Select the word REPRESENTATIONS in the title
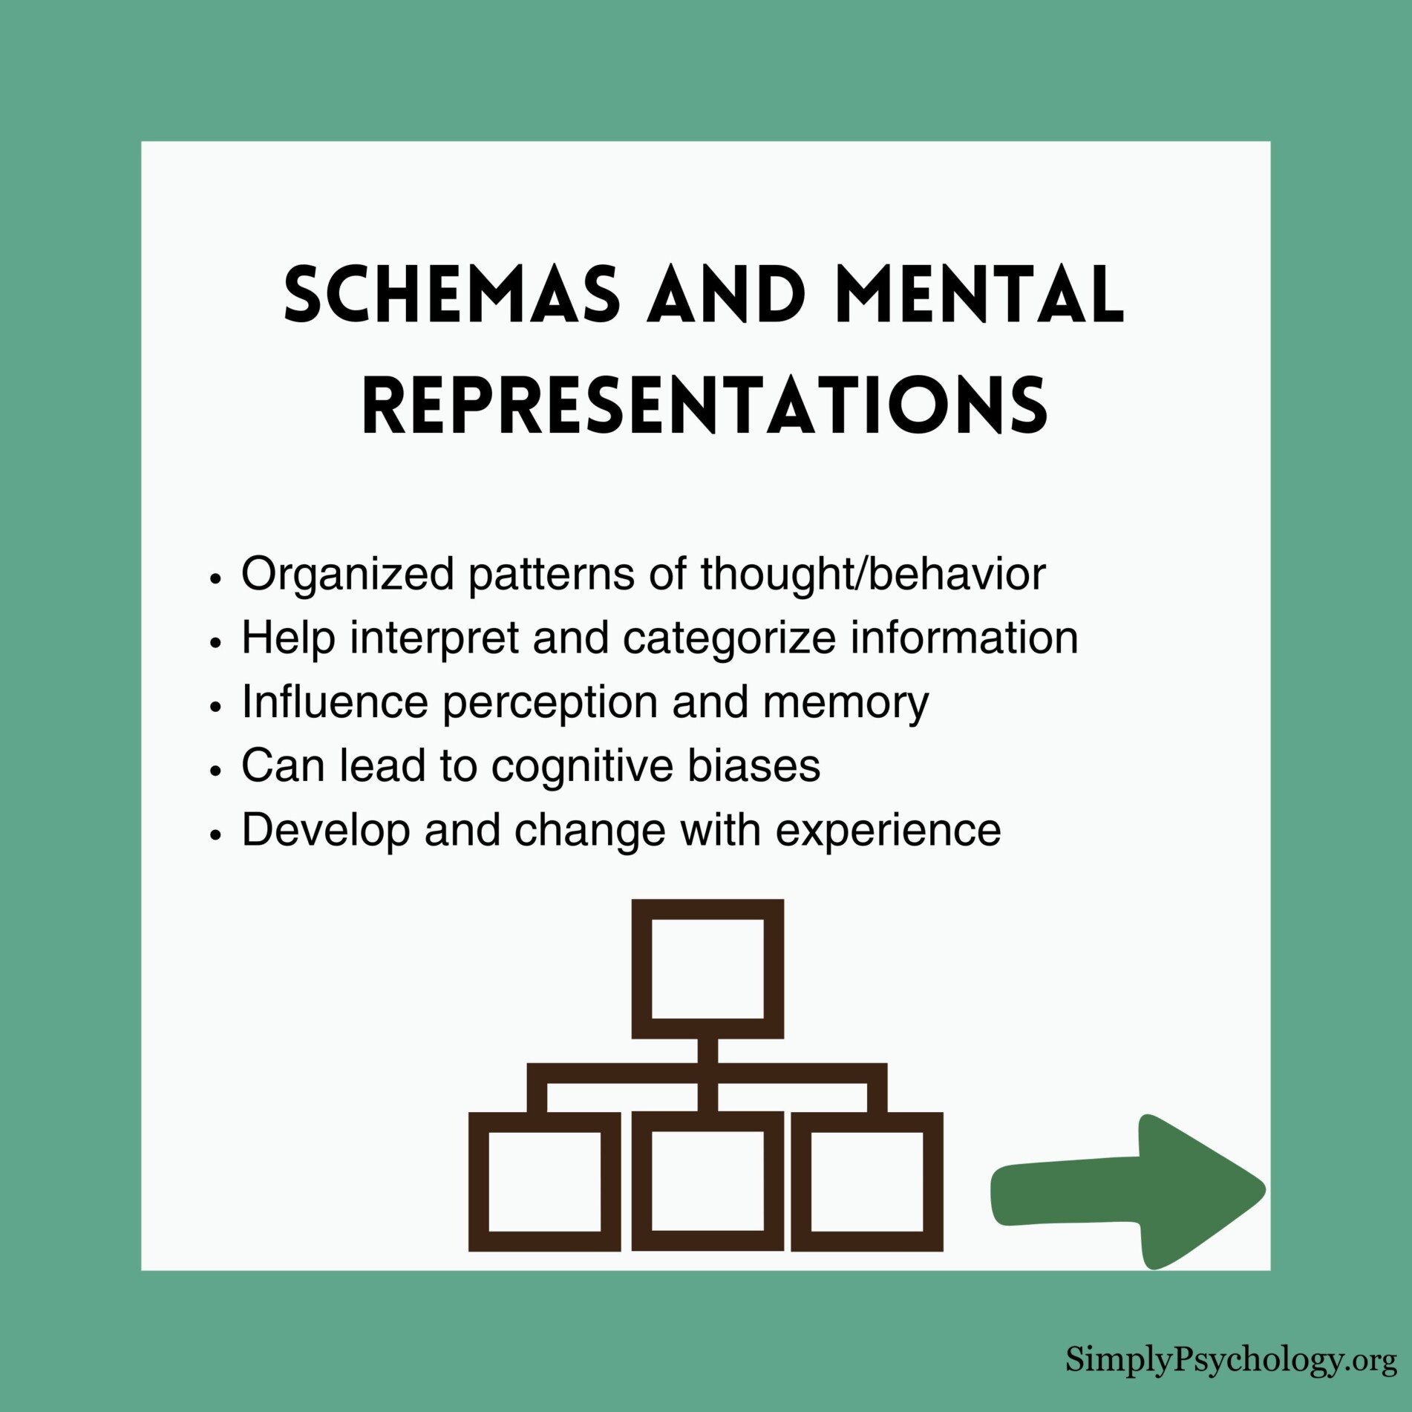pyautogui.click(x=705, y=405)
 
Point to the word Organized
pyautogui.click(x=347, y=574)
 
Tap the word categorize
pyautogui.click(x=728, y=638)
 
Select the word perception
pyautogui.click(x=549, y=702)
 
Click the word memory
pyautogui.click(x=845, y=702)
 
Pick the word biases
pyautogui.click(x=754, y=765)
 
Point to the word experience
pyautogui.click(x=888, y=830)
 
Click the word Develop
pyautogui.click(x=325, y=830)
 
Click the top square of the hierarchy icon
pyautogui.click(x=707, y=969)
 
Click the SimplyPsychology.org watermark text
pyautogui.click(x=1231, y=1360)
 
